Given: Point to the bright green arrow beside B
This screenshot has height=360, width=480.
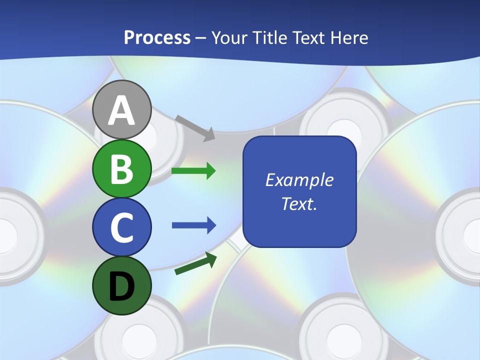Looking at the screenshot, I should [x=193, y=171].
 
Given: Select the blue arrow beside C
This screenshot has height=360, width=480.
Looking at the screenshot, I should [x=193, y=225].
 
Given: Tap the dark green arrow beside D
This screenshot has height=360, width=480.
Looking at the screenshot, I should [x=195, y=263].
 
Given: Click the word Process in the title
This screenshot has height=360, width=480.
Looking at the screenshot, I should [x=157, y=38].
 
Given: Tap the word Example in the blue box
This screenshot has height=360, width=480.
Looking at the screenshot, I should [x=299, y=180].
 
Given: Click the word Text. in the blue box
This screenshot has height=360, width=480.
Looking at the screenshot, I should [x=299, y=204].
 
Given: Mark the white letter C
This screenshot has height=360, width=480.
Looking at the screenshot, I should [x=121, y=227].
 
